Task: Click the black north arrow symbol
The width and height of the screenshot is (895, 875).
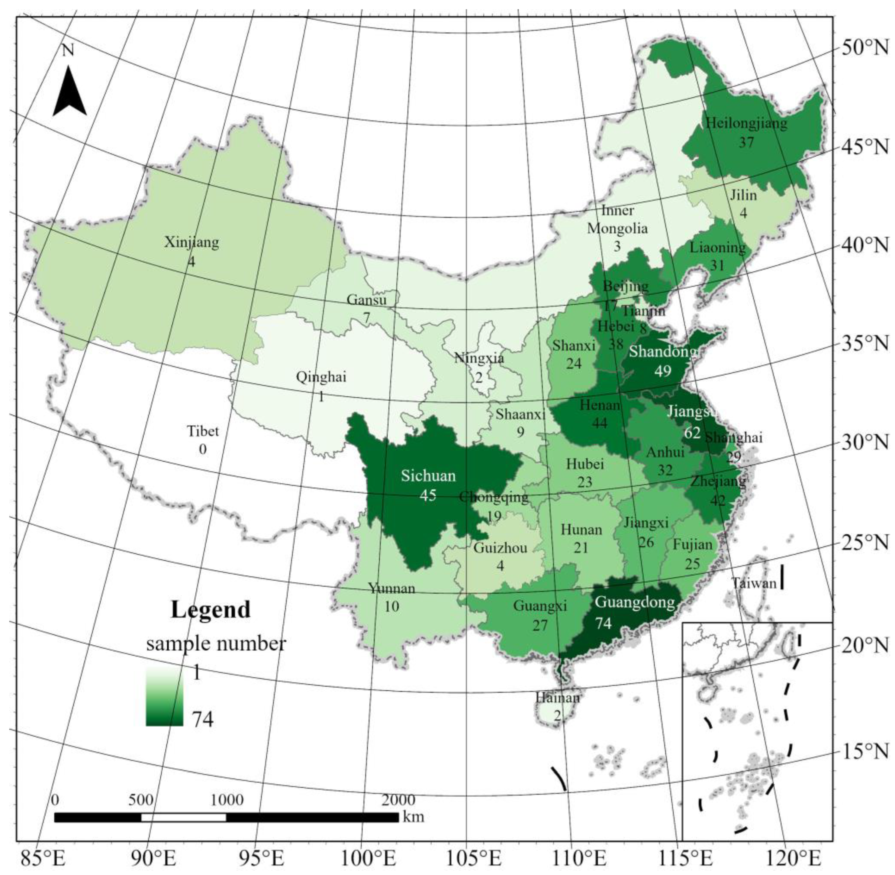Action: click(69, 92)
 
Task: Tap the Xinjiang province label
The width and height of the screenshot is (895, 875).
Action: click(192, 242)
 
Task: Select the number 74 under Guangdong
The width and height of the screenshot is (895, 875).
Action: click(604, 623)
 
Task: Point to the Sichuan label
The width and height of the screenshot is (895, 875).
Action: click(428, 476)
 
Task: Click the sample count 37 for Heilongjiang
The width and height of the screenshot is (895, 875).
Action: click(746, 142)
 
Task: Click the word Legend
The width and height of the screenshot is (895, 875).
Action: click(211, 610)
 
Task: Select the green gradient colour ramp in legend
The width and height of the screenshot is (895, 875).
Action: click(164, 697)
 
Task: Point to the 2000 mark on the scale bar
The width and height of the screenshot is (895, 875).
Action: click(398, 800)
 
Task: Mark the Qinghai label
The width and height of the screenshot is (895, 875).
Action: click(320, 377)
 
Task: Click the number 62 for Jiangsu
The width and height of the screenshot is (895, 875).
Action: click(692, 433)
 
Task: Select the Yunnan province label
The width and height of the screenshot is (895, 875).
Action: click(391, 588)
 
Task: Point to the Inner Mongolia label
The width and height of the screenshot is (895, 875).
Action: click(617, 220)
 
